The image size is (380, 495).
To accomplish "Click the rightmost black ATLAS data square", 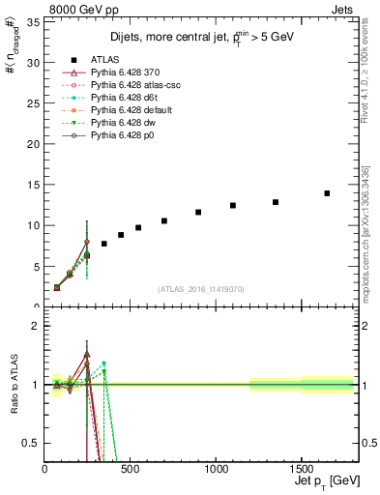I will tap(327, 193).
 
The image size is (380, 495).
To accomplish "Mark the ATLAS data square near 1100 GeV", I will tap(233, 205).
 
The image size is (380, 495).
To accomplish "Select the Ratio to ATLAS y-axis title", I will tap(15, 385).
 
